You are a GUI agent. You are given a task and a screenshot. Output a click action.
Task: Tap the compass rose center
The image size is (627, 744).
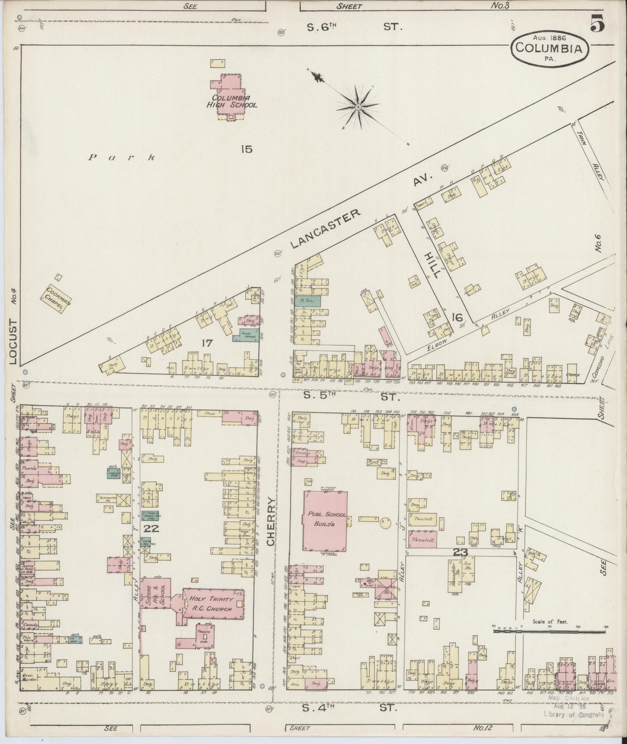(358, 106)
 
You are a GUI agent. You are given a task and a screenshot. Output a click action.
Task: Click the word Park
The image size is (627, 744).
(121, 157)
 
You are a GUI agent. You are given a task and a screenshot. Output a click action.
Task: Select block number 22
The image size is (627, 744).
(152, 529)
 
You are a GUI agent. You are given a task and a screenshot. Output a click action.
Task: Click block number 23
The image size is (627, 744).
(459, 553)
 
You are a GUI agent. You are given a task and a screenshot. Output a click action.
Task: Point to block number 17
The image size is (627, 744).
(207, 343)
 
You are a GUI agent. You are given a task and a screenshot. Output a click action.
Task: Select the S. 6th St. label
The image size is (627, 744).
(355, 27)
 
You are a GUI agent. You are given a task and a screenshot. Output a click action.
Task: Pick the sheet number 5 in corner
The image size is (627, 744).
(597, 24)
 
